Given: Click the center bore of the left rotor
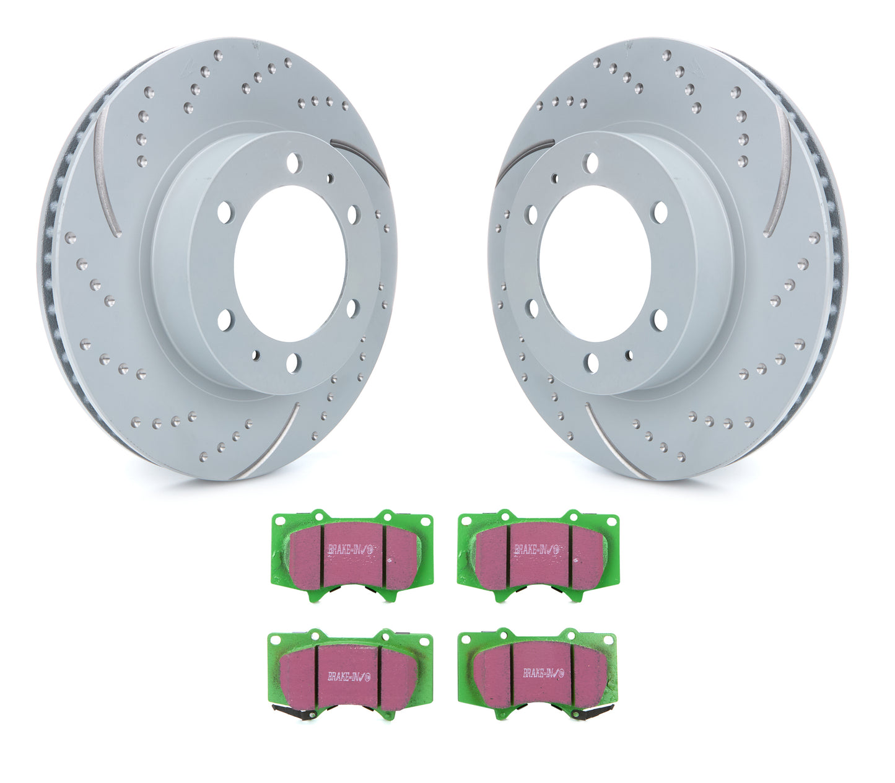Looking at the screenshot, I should (x=289, y=263).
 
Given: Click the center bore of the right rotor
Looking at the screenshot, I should (x=595, y=263).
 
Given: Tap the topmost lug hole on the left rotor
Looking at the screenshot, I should (x=292, y=163).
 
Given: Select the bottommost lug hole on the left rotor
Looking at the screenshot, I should (x=292, y=363).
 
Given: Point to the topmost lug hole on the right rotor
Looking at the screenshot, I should (x=592, y=163).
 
